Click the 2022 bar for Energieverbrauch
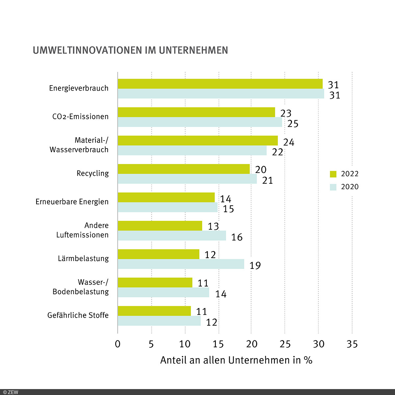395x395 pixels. point(220,84)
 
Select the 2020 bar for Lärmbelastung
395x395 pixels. point(181,264)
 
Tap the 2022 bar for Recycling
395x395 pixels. point(184,169)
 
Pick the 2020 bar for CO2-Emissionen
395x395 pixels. point(200,122)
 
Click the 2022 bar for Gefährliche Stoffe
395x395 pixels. point(154,311)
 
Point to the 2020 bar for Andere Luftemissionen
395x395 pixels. point(172,236)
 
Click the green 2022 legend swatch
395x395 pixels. point(333,174)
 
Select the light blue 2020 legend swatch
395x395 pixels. point(333,187)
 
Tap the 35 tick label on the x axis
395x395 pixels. point(352,344)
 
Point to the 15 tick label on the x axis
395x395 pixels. point(218,344)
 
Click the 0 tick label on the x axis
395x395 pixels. point(118,344)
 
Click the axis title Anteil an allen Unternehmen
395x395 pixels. point(236,360)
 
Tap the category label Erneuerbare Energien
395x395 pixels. point(72,202)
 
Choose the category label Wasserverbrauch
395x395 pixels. point(79,150)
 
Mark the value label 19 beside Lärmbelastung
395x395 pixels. point(255,265)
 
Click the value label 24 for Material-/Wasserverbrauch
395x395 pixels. point(288,142)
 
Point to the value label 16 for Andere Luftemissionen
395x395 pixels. point(237,237)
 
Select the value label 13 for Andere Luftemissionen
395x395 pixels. point(213,226)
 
